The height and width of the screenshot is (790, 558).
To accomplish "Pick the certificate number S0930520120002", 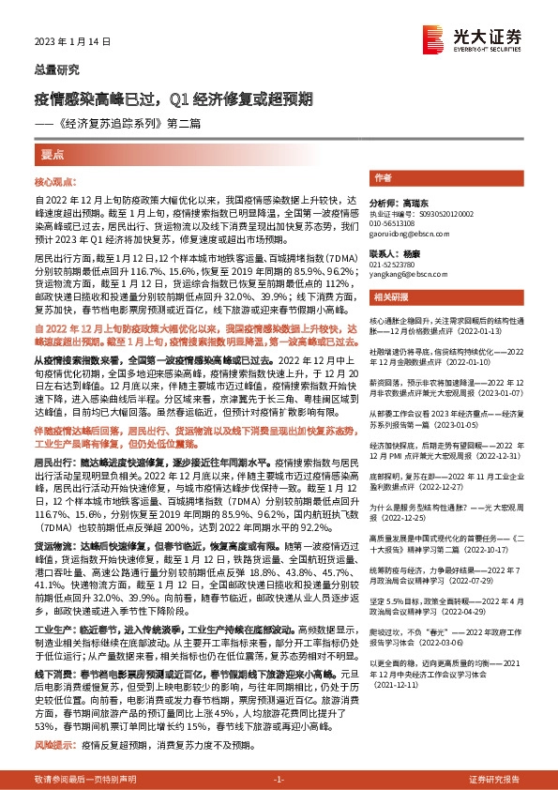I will [441, 215].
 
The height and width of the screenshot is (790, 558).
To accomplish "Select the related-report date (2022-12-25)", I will [397, 516].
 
